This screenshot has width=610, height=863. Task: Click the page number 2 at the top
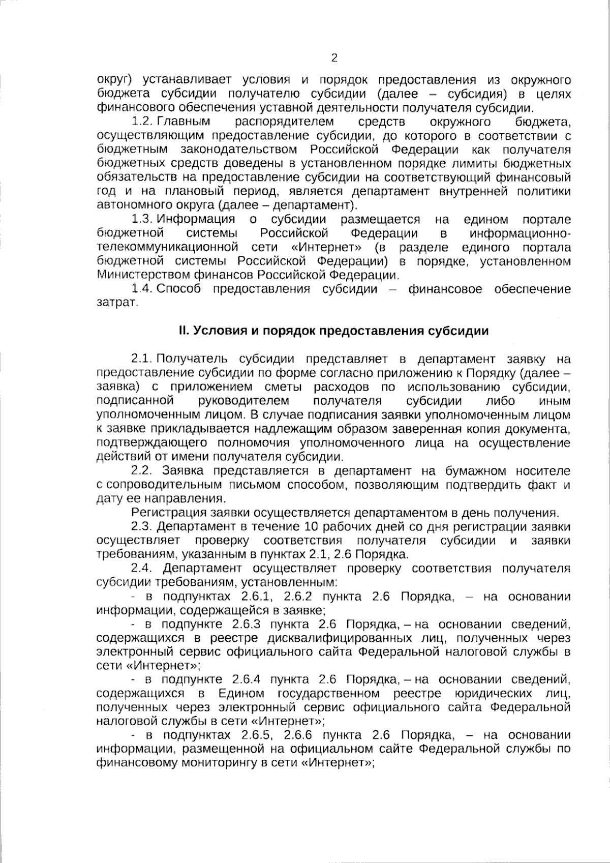coord(334,57)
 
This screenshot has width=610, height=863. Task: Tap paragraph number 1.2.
coord(142,122)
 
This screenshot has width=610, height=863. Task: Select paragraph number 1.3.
coord(142,219)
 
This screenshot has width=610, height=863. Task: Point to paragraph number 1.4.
coord(142,289)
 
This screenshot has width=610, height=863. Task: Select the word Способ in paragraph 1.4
coord(178,289)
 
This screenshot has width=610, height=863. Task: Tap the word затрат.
coord(117,303)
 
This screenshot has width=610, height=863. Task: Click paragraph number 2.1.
coord(142,359)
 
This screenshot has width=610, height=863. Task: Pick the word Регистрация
coord(164,512)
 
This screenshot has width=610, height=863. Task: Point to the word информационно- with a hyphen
coord(520,233)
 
